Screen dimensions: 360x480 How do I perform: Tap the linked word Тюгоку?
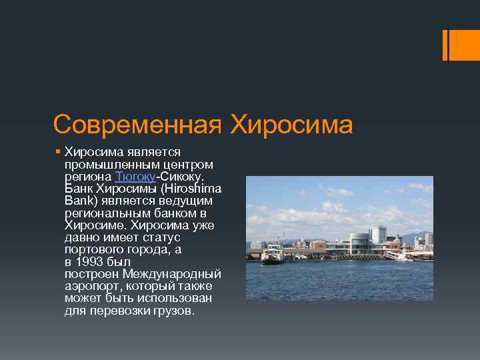pyautogui.click(x=135, y=177)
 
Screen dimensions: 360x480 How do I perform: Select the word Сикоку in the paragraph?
pyautogui.click(x=182, y=177)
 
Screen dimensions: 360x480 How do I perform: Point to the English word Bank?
pyautogui.click(x=80, y=201)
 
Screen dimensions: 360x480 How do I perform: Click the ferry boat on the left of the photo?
pyautogui.click(x=272, y=257)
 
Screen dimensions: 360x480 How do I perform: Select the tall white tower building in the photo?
pyautogui.click(x=378, y=235)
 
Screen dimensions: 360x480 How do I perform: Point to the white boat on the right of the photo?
pyautogui.click(x=399, y=255)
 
